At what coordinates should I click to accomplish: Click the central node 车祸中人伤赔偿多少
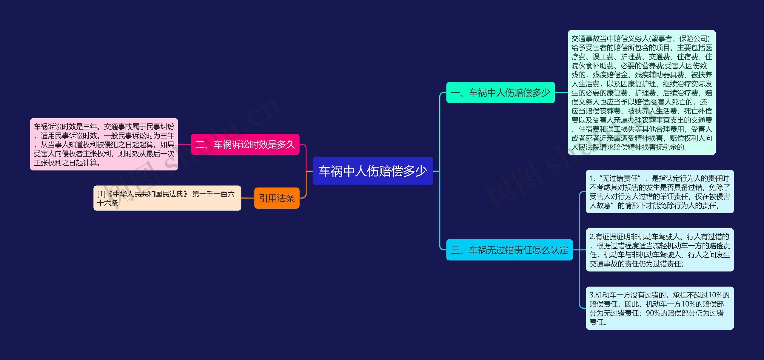point(372,171)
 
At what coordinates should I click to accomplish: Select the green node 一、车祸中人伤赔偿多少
point(500,93)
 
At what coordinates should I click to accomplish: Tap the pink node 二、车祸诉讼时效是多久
point(245,144)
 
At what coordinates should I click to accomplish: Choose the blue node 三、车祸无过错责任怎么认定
point(509,250)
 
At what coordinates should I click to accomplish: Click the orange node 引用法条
point(277,198)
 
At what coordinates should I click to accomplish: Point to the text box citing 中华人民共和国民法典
point(167,198)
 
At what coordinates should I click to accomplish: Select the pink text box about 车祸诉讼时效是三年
point(104,144)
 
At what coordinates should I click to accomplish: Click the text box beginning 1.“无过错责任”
point(660,192)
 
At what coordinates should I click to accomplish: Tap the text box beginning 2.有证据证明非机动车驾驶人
point(660,250)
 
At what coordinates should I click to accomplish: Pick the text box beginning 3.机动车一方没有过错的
point(660,308)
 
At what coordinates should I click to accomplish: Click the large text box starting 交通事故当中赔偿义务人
point(642,93)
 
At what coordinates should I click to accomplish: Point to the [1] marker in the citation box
point(101,194)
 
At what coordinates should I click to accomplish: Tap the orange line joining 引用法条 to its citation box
point(248,198)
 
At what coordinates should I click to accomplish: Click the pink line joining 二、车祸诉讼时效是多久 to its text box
point(184,144)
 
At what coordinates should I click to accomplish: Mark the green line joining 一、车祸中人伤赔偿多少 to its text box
point(561,93)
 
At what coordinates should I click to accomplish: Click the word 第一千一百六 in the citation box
point(213,194)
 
